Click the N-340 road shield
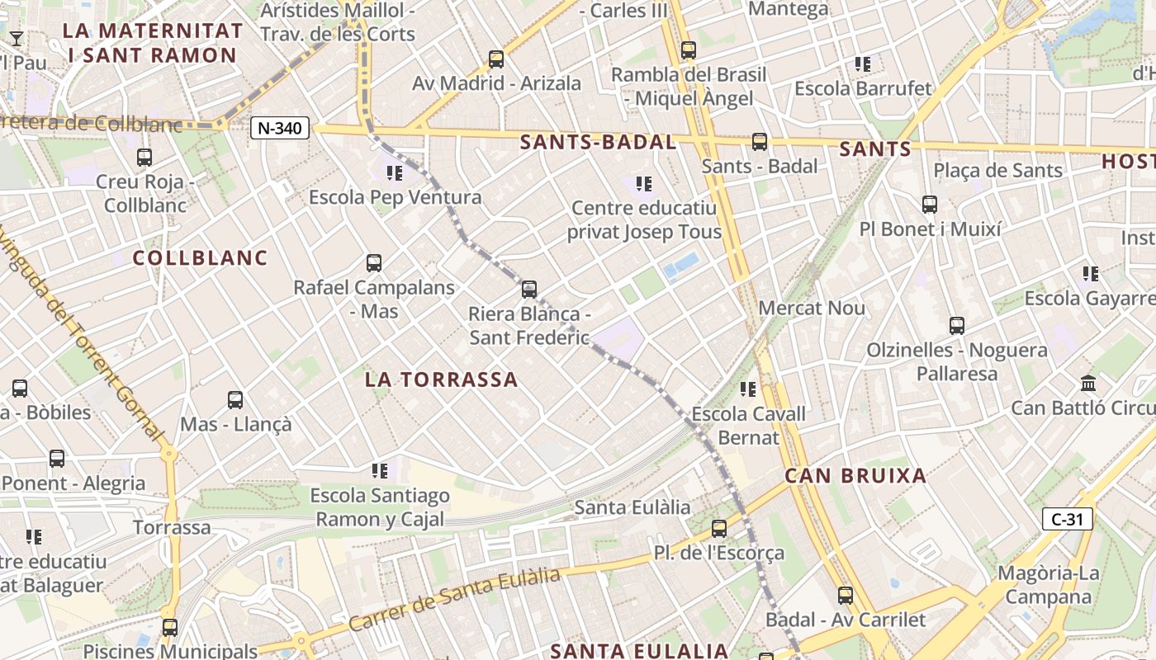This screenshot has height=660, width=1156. (280, 128)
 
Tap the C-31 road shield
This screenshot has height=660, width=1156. (1067, 519)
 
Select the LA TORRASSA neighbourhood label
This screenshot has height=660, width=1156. (441, 379)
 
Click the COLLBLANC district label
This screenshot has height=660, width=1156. (201, 257)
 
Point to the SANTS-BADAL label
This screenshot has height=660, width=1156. (598, 142)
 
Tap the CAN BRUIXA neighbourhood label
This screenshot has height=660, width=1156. (855, 476)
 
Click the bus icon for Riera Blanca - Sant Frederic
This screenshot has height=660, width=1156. (529, 290)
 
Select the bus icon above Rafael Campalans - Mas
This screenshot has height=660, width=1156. (374, 263)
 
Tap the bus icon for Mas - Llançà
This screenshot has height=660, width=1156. (235, 400)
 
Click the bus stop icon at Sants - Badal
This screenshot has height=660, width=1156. (760, 141)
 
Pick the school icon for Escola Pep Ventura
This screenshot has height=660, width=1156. (395, 172)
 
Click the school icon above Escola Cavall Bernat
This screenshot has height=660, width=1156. (748, 389)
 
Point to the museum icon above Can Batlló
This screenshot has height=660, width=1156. (1088, 384)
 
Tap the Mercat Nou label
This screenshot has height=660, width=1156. (811, 309)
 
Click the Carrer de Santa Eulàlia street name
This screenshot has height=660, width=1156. (454, 599)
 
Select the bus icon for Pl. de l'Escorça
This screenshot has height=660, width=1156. (719, 529)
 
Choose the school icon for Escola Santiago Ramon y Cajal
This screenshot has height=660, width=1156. (380, 471)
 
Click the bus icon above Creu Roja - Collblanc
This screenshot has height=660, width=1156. (144, 157)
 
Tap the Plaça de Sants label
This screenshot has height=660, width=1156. (997, 171)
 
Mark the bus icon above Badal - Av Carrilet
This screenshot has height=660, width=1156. (846, 595)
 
